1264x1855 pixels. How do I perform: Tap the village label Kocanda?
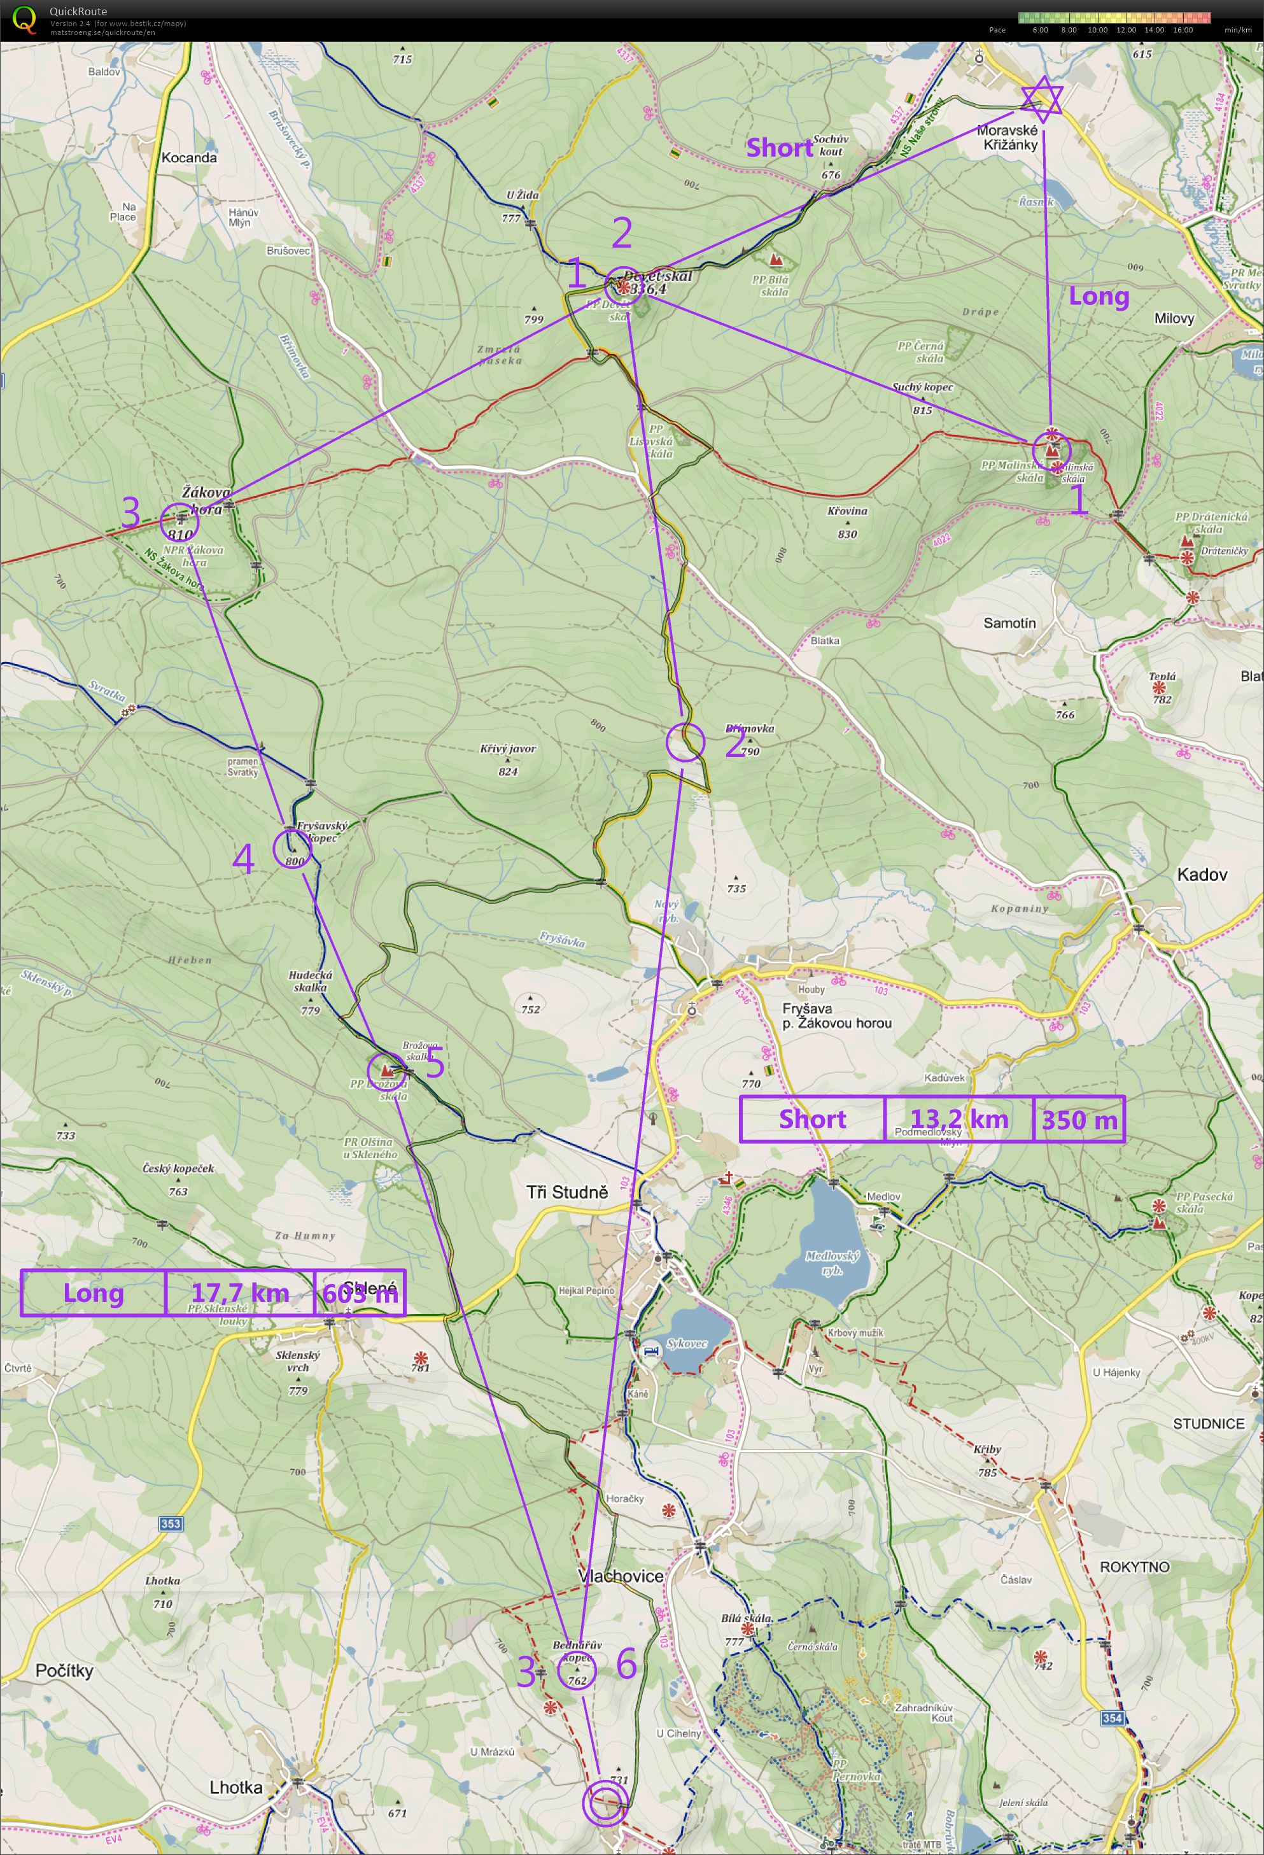click(189, 157)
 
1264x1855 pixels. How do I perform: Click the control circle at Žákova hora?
click(179, 521)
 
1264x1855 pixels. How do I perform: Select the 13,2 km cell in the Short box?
click(959, 1119)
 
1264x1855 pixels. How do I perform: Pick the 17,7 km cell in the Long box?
click(239, 1292)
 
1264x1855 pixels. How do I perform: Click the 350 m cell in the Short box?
click(1079, 1119)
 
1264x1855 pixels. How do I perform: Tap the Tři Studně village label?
click(566, 1192)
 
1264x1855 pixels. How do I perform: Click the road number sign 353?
click(171, 1523)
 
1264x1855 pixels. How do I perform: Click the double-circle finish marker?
click(604, 1805)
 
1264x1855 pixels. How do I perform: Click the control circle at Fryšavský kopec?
click(292, 849)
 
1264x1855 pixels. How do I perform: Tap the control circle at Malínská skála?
click(1051, 449)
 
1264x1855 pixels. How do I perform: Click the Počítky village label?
click(64, 1670)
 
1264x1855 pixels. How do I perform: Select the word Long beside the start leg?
click(1099, 296)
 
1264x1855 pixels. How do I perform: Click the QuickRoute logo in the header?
click(25, 19)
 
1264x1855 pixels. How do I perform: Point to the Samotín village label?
click(1009, 623)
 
